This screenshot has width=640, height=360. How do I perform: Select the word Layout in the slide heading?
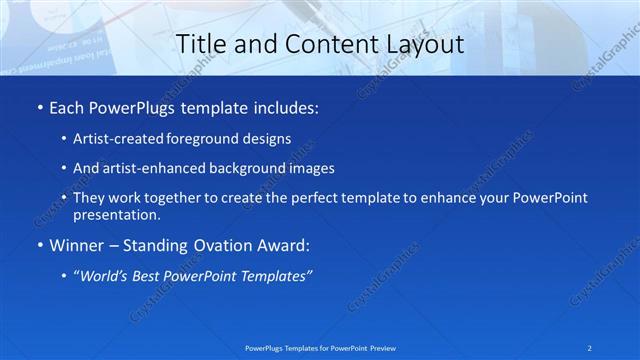coord(425,44)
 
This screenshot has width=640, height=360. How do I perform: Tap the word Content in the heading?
coord(321,44)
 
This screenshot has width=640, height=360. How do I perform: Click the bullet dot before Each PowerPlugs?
coord(38,107)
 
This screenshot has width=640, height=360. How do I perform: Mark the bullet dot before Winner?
coord(38,245)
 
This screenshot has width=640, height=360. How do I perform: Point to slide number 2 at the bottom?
coord(590,347)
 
